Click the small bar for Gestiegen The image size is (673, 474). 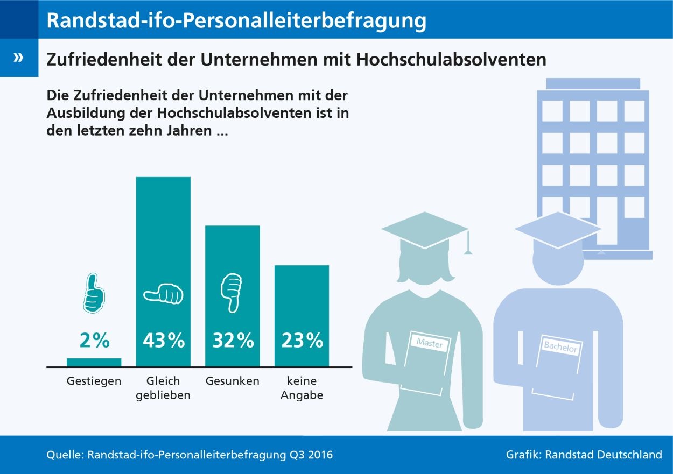pos(94,362)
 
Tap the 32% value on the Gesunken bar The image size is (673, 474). pos(233,341)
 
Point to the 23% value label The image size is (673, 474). pos(302,341)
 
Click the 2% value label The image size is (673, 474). pos(94,341)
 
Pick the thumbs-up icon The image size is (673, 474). pos(94,293)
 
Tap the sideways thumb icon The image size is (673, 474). pos(163,294)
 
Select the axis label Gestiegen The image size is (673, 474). pos(94,381)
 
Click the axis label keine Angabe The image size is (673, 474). pos(302,388)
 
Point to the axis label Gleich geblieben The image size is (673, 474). pos(163,388)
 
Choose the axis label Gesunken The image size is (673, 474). pos(233,381)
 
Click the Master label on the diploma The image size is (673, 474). pos(429,343)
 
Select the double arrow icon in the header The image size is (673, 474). pos(19,58)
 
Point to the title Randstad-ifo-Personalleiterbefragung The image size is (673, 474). pos(237,20)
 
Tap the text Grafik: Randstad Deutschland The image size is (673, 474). pos(584,455)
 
